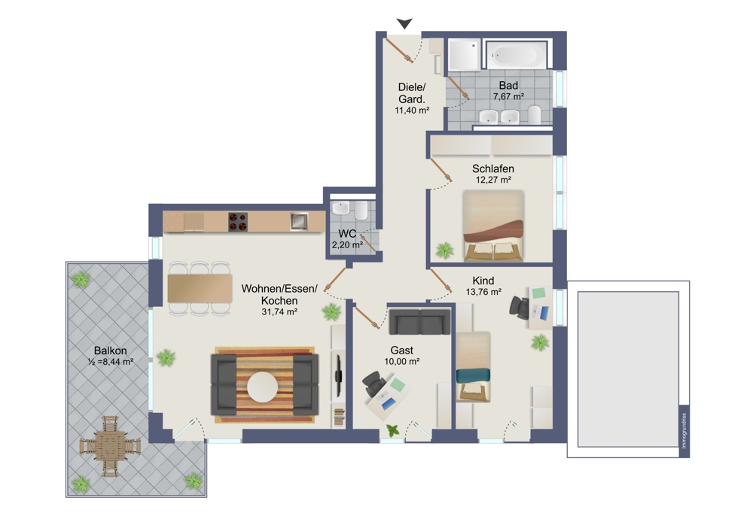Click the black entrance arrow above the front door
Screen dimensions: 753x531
pos(404,23)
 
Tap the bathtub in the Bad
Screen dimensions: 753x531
pos(516,56)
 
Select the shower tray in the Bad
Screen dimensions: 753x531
pos(465,55)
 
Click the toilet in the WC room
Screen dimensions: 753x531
pos(361,210)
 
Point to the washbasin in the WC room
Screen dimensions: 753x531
pos(341,208)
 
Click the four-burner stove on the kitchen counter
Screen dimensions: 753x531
pos(238,222)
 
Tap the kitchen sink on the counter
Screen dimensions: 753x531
pos(299,221)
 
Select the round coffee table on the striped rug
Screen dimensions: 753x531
pos(262,387)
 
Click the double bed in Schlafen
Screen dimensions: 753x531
pos(492,226)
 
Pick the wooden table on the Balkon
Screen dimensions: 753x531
pos(110,446)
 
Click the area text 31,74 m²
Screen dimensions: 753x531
pos(279,312)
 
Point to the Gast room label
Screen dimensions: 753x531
pos(401,350)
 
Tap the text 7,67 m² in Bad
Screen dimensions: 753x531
pos(508,96)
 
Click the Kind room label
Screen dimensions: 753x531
pos(483,281)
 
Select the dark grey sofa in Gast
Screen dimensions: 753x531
pos(419,321)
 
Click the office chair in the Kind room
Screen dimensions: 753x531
pos(520,308)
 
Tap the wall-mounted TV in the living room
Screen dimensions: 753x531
pos(338,375)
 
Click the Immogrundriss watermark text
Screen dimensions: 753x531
pos(684,431)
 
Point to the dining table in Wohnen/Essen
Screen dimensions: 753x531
pos(200,288)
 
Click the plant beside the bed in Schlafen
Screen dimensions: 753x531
pos(445,250)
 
